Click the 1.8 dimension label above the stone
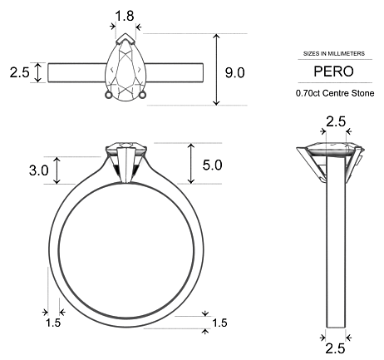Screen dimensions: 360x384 coord(125,15)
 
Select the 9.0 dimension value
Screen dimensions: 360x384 coord(235,72)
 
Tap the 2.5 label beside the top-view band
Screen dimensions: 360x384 coord(19,72)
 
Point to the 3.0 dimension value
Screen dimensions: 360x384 coord(38,170)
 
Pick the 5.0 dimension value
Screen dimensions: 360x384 coord(213,165)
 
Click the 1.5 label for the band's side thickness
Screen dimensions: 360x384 coord(53,322)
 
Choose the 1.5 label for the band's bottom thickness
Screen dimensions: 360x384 coord(219,323)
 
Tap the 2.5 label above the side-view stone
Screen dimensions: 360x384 coord(335,122)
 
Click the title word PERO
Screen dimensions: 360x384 coord(332,71)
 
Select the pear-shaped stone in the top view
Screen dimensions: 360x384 coord(126,72)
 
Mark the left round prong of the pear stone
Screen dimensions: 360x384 coord(108,94)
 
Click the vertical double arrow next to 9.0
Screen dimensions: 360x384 coord(217,70)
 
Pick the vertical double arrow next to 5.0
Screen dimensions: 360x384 coord(192,164)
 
